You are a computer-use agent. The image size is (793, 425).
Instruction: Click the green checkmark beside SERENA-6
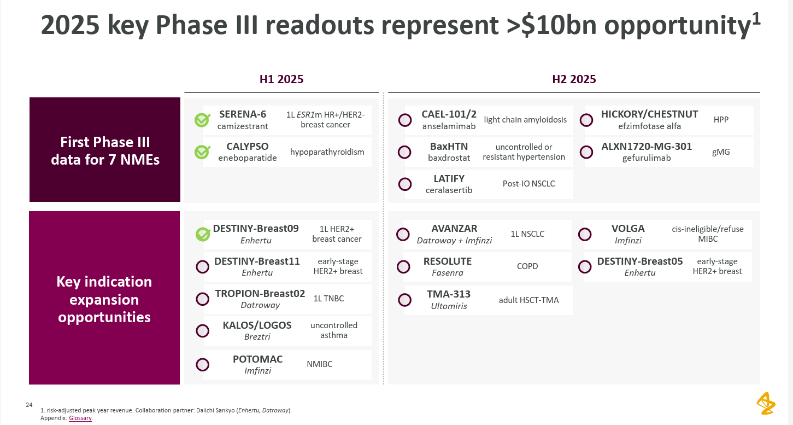(202, 120)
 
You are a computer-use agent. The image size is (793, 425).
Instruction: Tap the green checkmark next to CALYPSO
(202, 152)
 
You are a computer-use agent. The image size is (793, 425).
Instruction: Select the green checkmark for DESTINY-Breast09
(203, 234)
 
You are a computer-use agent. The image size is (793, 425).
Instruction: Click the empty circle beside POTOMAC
(203, 365)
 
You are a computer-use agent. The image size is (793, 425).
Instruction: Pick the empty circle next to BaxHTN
(405, 152)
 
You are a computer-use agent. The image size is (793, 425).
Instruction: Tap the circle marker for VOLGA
(585, 234)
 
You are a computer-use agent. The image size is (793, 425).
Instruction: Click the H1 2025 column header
(281, 79)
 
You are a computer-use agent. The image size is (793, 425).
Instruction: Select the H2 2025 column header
(574, 79)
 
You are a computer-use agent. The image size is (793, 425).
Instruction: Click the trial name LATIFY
(449, 179)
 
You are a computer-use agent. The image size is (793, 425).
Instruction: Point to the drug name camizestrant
(243, 126)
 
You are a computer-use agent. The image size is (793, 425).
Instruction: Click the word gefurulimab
(646, 158)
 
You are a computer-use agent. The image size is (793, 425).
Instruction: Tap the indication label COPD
(527, 266)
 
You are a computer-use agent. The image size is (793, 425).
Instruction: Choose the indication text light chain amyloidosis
(525, 120)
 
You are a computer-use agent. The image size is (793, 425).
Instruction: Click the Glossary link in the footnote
(80, 418)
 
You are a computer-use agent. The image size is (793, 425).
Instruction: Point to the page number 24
(29, 405)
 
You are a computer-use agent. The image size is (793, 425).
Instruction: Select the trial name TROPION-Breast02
(260, 294)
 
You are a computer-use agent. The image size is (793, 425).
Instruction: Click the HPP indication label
(721, 120)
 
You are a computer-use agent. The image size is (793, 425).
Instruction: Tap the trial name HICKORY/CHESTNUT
(649, 114)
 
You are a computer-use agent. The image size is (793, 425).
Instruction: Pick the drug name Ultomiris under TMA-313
(449, 306)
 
